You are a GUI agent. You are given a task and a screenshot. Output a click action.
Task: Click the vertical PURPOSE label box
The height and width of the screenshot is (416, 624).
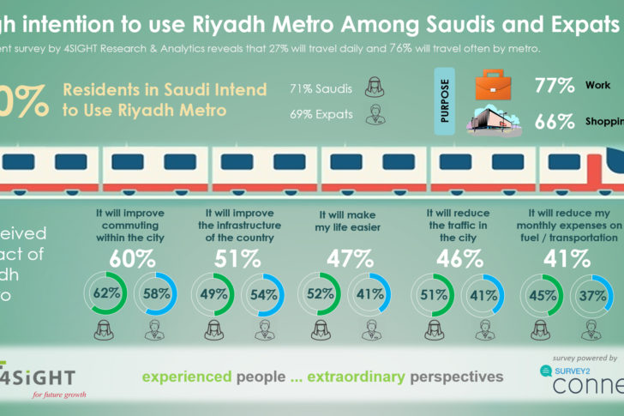tap(445, 102)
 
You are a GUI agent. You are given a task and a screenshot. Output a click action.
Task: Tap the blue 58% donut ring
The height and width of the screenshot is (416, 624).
tap(156, 293)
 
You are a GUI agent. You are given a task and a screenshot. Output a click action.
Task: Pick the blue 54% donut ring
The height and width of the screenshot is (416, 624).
tap(264, 293)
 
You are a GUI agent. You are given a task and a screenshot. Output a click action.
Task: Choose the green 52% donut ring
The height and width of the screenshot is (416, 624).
tap(321, 293)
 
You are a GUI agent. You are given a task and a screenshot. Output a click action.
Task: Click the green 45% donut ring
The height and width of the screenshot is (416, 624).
tap(541, 293)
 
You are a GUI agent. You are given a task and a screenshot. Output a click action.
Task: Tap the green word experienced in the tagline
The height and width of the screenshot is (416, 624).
tap(186, 377)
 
